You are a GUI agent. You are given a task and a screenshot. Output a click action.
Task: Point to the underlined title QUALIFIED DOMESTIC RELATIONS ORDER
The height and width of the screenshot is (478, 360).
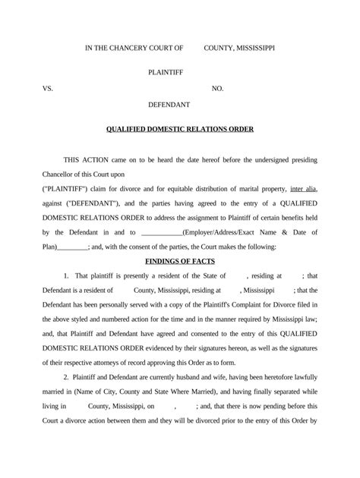(x=179, y=129)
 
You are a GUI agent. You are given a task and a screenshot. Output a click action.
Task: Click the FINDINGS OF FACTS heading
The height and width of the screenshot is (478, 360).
(x=179, y=261)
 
